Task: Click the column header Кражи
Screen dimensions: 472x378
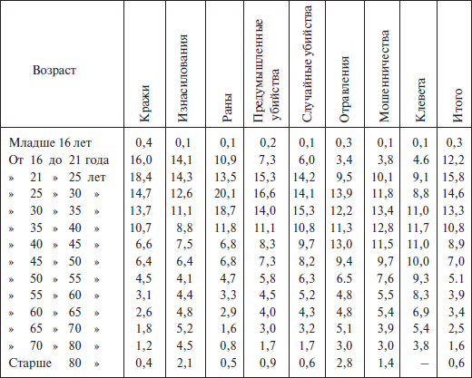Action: click(144, 103)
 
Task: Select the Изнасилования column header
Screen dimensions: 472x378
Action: click(182, 78)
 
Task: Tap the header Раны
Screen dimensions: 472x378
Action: click(227, 108)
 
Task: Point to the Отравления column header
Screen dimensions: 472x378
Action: click(344, 89)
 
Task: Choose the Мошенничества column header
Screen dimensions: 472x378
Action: click(383, 76)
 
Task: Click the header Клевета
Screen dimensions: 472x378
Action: click(420, 100)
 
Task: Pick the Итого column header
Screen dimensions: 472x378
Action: click(457, 105)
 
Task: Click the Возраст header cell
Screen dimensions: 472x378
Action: click(54, 71)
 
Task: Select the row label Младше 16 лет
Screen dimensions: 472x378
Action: click(50, 142)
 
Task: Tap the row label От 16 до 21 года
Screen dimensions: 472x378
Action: click(59, 160)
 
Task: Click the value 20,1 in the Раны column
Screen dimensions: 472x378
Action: click(225, 193)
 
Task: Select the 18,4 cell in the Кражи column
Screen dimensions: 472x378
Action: click(141, 177)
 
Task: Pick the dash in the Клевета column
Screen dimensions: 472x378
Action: click(425, 363)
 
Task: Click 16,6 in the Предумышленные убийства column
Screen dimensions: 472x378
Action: click(265, 193)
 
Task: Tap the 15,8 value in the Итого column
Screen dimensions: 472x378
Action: click(453, 177)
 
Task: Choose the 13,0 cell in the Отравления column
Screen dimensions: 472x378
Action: click(341, 244)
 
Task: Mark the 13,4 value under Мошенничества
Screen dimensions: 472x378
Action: click(383, 210)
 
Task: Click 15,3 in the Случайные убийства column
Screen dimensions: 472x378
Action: click(304, 210)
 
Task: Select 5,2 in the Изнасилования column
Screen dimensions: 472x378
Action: click(184, 328)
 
